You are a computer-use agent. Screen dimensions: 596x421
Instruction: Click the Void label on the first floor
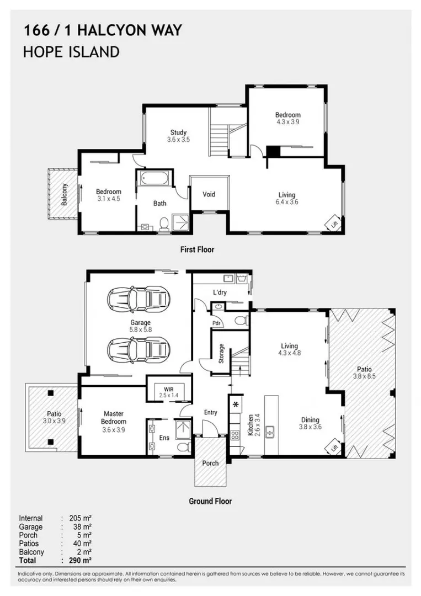click(x=209, y=194)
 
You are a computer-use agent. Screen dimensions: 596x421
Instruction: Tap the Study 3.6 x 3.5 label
click(x=178, y=136)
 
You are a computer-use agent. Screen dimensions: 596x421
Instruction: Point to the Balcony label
click(x=65, y=195)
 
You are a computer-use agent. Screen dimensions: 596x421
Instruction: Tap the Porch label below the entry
click(x=210, y=463)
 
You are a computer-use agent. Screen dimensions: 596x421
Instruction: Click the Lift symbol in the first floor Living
click(x=334, y=225)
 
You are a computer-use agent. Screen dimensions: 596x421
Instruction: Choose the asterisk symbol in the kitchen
click(x=236, y=405)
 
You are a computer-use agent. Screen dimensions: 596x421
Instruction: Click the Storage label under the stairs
click(x=221, y=353)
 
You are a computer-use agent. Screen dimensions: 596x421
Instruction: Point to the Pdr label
click(x=216, y=323)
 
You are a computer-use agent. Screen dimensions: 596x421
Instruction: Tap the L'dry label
click(x=220, y=292)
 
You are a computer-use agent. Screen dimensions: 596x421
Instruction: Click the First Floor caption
click(x=197, y=249)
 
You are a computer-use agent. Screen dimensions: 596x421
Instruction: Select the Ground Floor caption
click(x=210, y=501)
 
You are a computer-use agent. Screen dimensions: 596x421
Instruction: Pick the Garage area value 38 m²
click(x=81, y=527)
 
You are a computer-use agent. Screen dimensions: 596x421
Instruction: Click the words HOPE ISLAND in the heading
click(x=71, y=52)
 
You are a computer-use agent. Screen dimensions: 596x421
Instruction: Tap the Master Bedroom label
click(x=113, y=418)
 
